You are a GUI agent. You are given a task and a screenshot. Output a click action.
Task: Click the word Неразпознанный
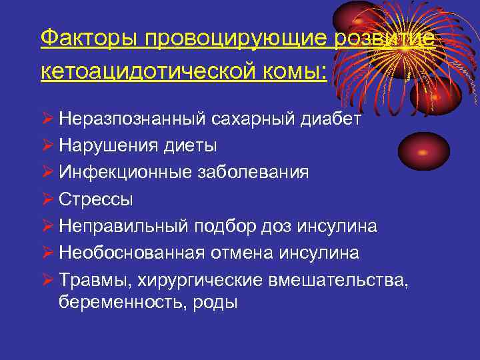(x=133, y=119)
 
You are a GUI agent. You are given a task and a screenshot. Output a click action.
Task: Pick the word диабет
(x=329, y=119)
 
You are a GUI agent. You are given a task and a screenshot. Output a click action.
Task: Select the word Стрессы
(x=95, y=199)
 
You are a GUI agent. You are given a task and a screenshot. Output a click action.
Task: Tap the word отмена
(x=248, y=253)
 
